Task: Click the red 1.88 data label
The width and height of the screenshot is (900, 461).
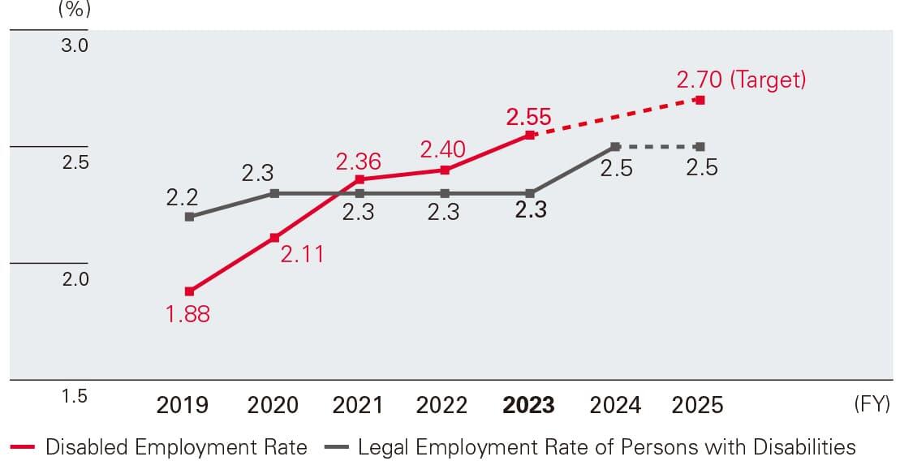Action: pos(187,314)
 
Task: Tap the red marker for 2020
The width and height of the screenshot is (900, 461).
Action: pos(274,238)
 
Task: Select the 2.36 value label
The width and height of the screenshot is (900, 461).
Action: pos(358,161)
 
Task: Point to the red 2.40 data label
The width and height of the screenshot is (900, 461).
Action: pos(442,149)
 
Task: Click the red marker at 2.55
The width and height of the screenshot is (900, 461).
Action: pos(530,135)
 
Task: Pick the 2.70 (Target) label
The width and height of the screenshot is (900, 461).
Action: pos(741,80)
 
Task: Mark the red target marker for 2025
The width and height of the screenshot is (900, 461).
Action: pos(700,100)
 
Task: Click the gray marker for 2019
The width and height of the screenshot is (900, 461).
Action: pos(189,217)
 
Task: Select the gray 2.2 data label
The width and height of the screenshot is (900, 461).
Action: pos(183,196)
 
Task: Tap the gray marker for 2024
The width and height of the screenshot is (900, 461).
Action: pos(615,147)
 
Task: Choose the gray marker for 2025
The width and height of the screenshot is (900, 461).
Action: pos(700,147)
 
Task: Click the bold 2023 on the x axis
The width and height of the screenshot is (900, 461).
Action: pos(529,405)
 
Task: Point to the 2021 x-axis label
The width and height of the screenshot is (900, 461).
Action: pos(358,405)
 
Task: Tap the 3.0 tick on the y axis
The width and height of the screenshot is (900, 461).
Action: pos(75,45)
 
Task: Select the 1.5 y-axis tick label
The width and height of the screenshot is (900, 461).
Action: pos(75,397)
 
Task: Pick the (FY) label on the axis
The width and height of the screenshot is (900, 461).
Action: pos(872,404)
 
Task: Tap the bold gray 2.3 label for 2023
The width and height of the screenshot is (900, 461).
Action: pos(531,210)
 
